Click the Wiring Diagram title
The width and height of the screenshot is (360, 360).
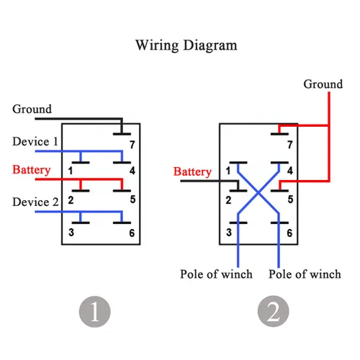186,45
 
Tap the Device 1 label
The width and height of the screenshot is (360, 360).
35,141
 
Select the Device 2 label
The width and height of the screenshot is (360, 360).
35,202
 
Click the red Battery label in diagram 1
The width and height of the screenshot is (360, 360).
32,170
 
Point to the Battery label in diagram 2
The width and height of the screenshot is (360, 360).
192,172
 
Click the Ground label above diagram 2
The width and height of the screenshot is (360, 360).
323,84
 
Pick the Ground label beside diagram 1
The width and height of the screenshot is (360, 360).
32,109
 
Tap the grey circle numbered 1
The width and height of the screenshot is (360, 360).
95,312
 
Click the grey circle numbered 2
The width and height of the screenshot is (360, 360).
274,311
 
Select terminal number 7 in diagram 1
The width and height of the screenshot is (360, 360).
132,145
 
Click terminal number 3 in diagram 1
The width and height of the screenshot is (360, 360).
71,233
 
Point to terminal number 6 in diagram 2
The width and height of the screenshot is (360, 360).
289,233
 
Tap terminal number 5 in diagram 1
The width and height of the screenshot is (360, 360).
132,199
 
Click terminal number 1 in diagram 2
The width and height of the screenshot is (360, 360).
228,171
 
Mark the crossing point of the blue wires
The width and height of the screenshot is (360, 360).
258,192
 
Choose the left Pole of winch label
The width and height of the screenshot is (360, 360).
216,274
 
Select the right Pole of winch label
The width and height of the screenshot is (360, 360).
305,274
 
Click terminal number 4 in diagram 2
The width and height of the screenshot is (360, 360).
290,171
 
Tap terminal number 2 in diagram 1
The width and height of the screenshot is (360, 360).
71,200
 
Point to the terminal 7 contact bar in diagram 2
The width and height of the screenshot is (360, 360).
279,134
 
